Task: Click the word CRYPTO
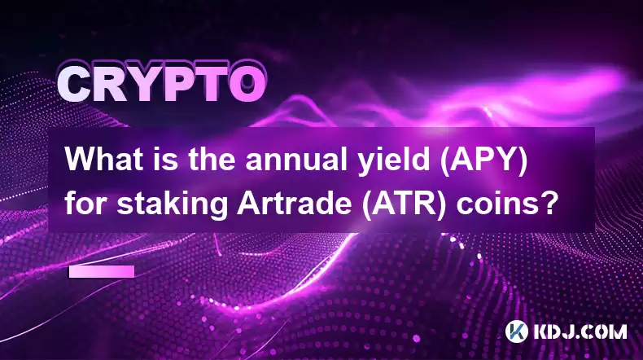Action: [160, 85]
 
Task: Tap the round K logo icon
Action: [517, 331]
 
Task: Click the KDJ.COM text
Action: [580, 331]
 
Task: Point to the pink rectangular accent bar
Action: [102, 272]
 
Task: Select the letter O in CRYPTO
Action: [247, 85]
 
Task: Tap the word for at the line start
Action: [86, 204]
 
